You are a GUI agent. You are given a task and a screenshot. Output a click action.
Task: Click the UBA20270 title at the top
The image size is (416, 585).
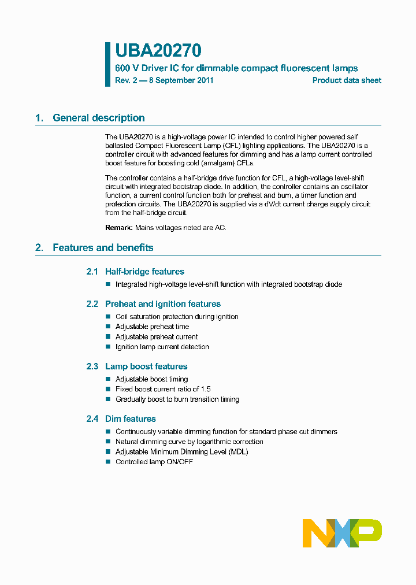coord(158,51)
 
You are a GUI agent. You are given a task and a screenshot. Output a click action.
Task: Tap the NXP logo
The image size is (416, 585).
coord(342,532)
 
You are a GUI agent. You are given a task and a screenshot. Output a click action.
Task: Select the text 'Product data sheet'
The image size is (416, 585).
coord(347,80)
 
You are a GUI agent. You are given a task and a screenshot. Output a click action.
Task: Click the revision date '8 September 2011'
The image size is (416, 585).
coord(181,80)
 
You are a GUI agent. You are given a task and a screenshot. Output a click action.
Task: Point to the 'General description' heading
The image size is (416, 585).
coord(98,118)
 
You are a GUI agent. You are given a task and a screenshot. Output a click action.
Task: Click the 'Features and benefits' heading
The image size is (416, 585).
coord(103,247)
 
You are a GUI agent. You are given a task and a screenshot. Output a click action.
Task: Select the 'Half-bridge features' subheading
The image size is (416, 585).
coord(144,272)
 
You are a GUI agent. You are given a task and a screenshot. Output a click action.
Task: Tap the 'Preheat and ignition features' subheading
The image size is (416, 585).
coord(162,304)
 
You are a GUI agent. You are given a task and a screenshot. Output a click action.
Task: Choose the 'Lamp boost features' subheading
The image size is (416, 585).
coord(146,366)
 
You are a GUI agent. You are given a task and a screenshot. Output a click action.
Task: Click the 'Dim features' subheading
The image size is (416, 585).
coord(130,419)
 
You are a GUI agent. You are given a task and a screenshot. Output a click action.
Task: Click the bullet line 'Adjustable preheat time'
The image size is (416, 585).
coord(152,327)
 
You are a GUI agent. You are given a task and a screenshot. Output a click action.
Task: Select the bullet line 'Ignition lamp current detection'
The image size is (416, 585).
coord(162,347)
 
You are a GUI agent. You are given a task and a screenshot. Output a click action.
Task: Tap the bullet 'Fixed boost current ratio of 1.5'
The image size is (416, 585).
coord(163,389)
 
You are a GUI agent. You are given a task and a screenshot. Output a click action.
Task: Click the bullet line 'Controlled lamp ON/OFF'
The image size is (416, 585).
coord(154,462)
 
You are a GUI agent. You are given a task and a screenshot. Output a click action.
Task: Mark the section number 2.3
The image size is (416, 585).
coord(92,366)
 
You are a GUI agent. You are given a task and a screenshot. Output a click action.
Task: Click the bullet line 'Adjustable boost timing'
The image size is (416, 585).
coord(151,379)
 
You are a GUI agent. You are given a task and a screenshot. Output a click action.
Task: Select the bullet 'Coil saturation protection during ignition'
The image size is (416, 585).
coord(177,317)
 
